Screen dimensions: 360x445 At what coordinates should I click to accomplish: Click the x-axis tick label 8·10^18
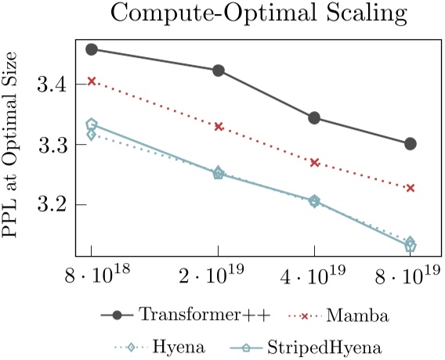[91, 275]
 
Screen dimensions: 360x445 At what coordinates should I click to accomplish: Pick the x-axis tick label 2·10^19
[218, 275]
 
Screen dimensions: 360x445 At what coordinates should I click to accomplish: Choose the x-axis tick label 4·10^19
[314, 275]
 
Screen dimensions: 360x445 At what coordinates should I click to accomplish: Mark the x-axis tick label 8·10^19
[410, 275]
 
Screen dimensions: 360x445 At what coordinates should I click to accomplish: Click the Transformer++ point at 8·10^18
[92, 49]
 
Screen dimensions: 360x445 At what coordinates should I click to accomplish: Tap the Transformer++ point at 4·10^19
[314, 118]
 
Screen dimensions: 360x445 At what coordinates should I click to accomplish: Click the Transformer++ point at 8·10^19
[411, 144]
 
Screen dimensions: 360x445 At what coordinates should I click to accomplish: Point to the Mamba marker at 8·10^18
[92, 81]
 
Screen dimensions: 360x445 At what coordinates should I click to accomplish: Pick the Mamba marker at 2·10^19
[219, 127]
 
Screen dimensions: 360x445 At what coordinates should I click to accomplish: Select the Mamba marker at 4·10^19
[314, 163]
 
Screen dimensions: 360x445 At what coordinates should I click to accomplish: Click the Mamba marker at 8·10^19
[411, 188]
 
